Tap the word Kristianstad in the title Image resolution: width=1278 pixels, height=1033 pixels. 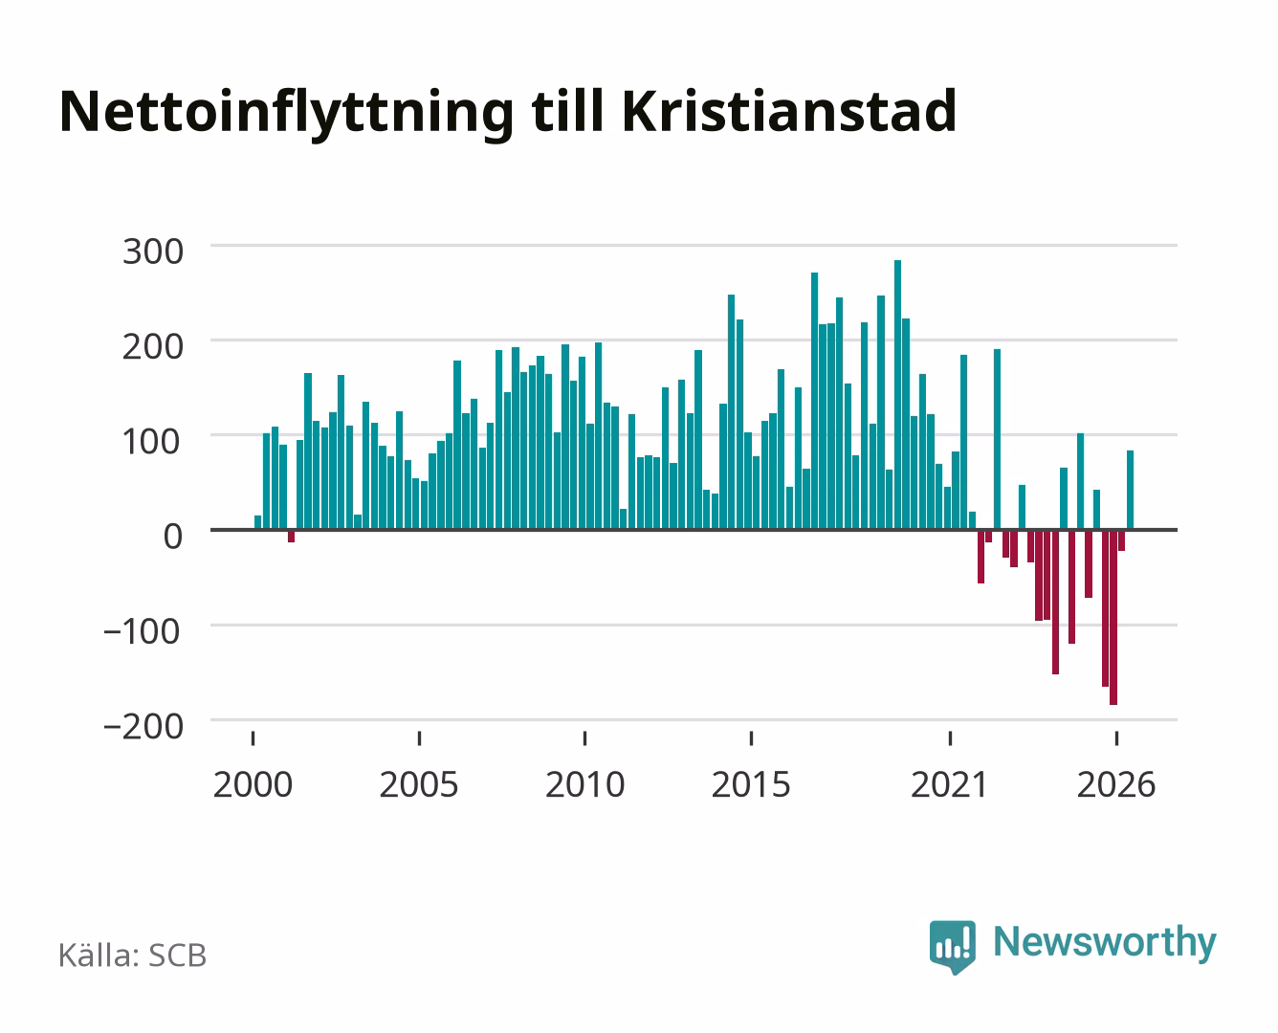[789, 111]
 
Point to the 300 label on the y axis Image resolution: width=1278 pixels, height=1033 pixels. [153, 252]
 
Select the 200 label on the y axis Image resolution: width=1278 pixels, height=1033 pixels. [153, 347]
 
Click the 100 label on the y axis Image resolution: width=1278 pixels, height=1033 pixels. [151, 442]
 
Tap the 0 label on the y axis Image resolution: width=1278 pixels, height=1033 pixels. [173, 537]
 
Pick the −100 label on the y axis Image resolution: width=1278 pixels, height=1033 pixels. [143, 631]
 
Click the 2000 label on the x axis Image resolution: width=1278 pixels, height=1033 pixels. [253, 784]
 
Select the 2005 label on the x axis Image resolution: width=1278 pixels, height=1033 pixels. [419, 784]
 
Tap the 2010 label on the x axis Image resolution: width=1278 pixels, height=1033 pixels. [585, 784]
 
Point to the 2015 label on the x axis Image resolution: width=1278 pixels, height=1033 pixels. [751, 784]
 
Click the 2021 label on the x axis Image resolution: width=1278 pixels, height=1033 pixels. [949, 784]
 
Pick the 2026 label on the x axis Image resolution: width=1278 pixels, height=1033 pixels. [1116, 784]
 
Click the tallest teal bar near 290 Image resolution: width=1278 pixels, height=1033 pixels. [897, 395]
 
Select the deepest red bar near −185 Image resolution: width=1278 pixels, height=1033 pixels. [1113, 617]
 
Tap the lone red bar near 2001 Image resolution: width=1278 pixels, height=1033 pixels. [291, 537]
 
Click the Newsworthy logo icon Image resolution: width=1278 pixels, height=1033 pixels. [952, 947]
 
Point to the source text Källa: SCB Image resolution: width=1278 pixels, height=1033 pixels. [133, 956]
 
